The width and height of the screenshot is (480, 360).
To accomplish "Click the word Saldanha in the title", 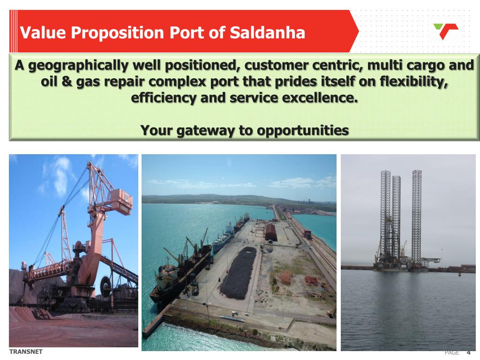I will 267,33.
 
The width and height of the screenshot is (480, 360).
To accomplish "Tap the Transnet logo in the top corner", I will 445,31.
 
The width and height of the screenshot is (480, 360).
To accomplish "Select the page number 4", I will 468,352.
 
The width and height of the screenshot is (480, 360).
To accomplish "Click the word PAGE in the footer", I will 452,352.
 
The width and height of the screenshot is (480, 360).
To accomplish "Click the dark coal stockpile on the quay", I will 239,274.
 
